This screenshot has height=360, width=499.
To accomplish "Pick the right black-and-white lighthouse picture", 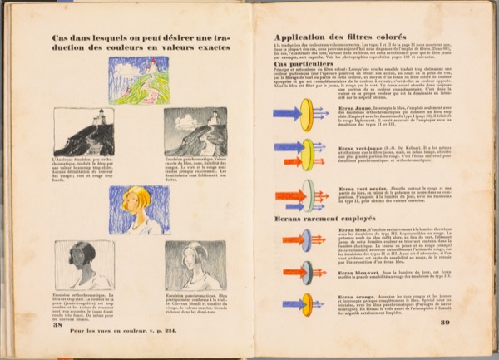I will pyautogui.click(x=194, y=132).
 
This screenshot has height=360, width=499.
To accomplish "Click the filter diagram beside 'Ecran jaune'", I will pyautogui.click(x=304, y=115).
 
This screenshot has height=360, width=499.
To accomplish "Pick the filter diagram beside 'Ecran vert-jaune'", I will pyautogui.click(x=304, y=155).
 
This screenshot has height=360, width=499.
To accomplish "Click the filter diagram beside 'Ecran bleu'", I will pyautogui.click(x=304, y=240).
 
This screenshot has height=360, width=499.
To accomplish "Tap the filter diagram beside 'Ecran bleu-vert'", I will pyautogui.click(x=304, y=271).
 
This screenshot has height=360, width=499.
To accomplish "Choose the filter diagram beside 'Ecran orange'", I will pyautogui.click(x=304, y=303).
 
